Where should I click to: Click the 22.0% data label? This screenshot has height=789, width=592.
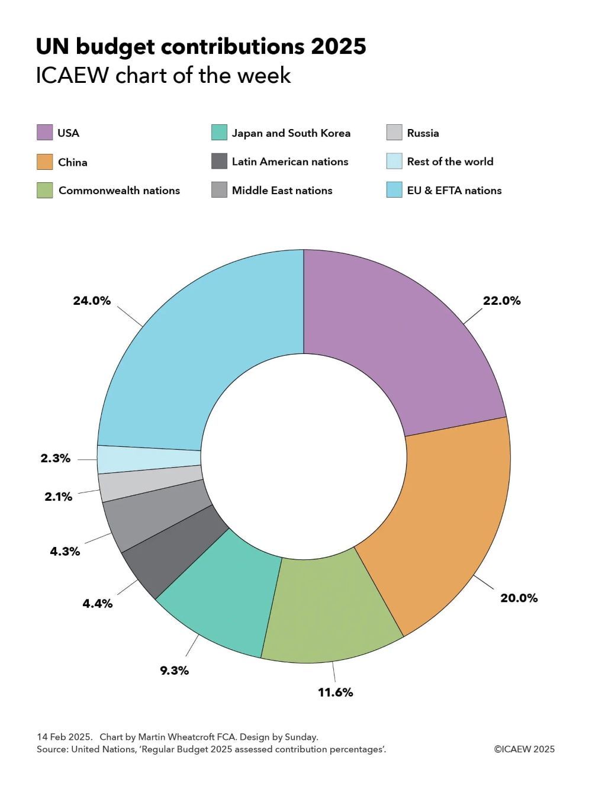(501, 301)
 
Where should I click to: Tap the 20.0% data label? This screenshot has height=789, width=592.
(519, 598)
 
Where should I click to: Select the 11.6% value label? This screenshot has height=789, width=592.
(335, 692)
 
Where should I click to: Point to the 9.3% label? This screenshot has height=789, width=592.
(174, 671)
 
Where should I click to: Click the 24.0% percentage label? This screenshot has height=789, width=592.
(92, 301)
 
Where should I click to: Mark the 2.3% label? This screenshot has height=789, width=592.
(55, 458)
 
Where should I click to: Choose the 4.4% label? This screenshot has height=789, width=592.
(97, 604)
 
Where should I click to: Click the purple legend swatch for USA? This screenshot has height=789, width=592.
(44, 133)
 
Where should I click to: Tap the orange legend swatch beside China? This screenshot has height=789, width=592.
(44, 162)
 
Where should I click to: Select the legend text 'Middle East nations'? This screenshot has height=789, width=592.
(282, 191)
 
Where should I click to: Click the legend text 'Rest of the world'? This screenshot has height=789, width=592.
(450, 162)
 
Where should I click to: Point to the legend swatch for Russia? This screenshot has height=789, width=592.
(394, 133)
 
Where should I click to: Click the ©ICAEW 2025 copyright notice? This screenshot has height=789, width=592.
(525, 749)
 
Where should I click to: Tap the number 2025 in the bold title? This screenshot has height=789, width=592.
(338, 47)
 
